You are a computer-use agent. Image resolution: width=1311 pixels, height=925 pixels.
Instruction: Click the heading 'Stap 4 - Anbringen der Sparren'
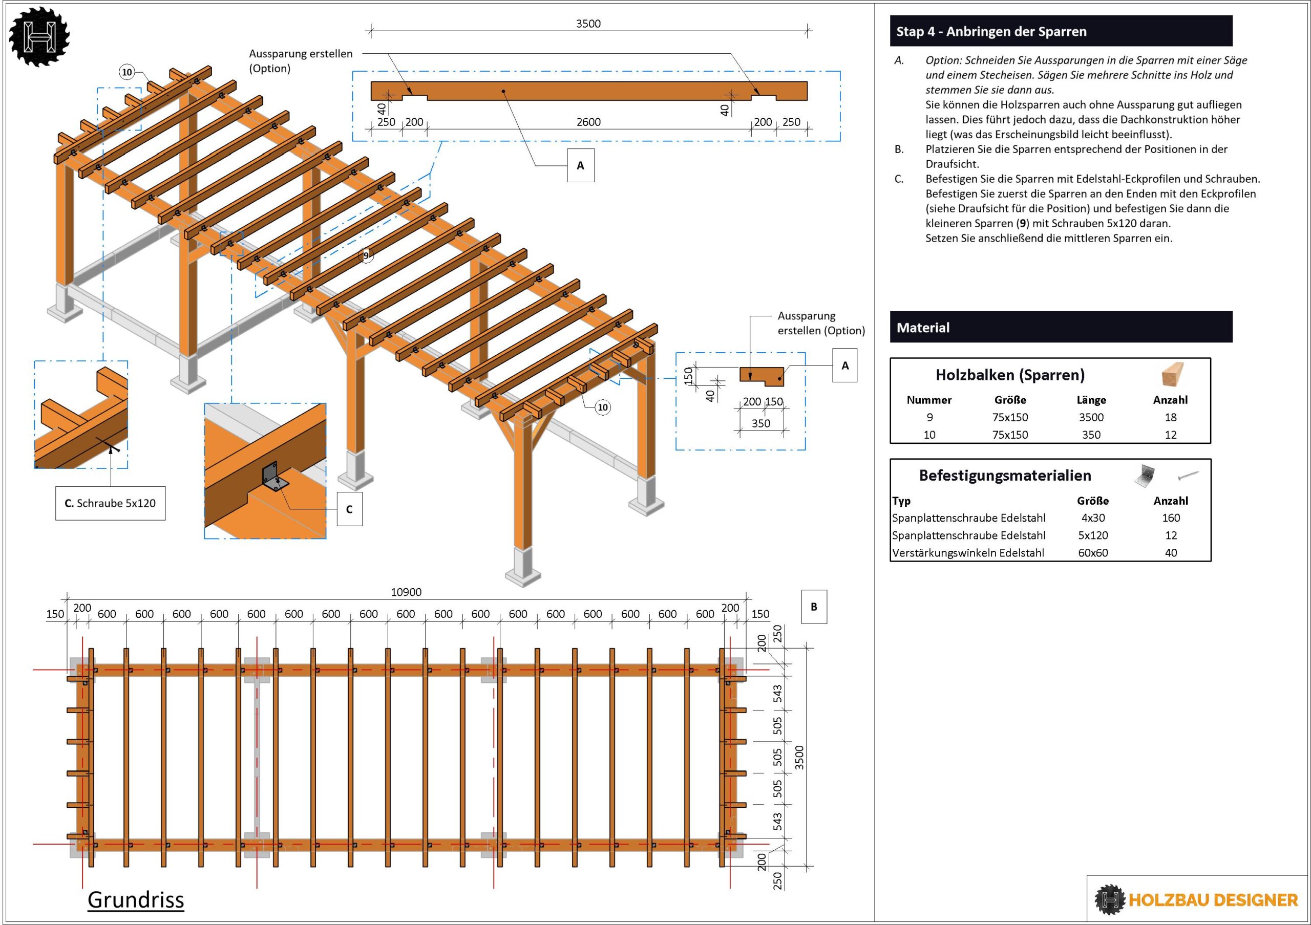[x=991, y=31]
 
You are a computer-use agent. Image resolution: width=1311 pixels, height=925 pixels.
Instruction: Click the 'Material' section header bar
[x=1061, y=327]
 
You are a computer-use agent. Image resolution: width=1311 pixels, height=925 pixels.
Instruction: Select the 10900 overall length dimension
[x=406, y=592]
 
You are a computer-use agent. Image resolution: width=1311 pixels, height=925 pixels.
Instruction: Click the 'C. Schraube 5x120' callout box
[x=110, y=503]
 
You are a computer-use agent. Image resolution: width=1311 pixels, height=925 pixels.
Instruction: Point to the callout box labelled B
[x=814, y=607]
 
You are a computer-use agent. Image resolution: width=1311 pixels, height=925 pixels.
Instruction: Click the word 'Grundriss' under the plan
[x=136, y=900]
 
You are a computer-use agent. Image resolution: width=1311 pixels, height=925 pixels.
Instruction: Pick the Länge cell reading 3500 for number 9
[x=1091, y=417]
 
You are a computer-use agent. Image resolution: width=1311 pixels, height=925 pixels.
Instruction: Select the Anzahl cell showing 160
[x=1171, y=518]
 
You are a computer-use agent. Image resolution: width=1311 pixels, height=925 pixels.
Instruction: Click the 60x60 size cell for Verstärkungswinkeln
[x=1093, y=552]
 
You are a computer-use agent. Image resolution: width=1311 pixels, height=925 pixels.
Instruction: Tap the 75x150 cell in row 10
[x=1010, y=435]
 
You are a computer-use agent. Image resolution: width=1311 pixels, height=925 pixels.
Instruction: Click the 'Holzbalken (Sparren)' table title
[x=1009, y=375]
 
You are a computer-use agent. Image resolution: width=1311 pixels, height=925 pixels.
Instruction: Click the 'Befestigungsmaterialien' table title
[x=1005, y=476]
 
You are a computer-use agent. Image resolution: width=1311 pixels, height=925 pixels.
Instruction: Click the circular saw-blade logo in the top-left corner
[x=38, y=36]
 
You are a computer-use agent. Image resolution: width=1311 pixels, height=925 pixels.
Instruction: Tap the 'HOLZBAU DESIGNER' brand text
[x=1213, y=900]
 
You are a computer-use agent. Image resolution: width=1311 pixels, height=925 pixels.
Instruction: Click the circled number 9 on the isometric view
[x=366, y=255]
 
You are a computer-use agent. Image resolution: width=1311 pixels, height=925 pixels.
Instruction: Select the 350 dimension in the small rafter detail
[x=760, y=423]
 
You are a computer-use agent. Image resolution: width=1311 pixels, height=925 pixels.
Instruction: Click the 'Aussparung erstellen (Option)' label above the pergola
[x=301, y=61]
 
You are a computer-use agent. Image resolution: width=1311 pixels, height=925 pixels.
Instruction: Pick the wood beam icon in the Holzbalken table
[x=1172, y=374]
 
